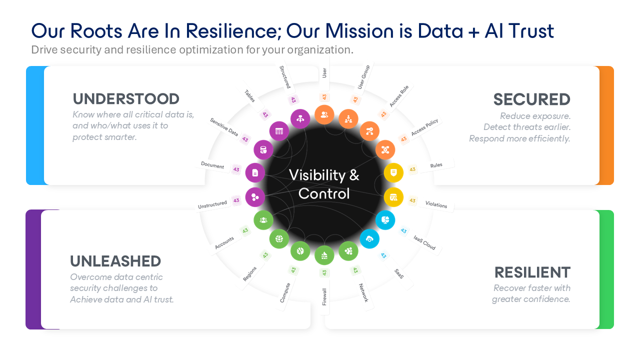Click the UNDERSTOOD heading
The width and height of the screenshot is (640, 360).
[126, 99]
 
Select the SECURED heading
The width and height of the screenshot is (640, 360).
[531, 99]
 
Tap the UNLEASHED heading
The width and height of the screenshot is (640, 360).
[115, 261]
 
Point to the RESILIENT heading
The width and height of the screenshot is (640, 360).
[532, 272]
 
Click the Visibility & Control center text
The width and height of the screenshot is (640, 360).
[324, 184]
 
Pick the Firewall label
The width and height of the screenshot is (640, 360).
[324, 296]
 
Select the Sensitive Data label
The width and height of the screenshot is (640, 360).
[224, 127]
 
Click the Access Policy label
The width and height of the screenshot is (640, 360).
[424, 128]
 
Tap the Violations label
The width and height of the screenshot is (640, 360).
[436, 204]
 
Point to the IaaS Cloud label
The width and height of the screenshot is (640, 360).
[424, 242]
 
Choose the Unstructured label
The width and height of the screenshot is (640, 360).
[212, 204]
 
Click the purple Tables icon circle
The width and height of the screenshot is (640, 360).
[279, 131]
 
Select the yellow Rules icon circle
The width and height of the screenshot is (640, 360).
[393, 172]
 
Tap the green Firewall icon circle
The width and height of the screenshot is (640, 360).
[324, 255]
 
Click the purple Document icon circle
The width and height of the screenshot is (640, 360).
[255, 172]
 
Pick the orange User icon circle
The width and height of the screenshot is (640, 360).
[324, 114]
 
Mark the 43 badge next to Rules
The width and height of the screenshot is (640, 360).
[412, 169]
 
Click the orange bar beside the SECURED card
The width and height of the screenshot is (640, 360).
[606, 125]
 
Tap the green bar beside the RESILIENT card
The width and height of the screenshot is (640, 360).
[606, 269]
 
